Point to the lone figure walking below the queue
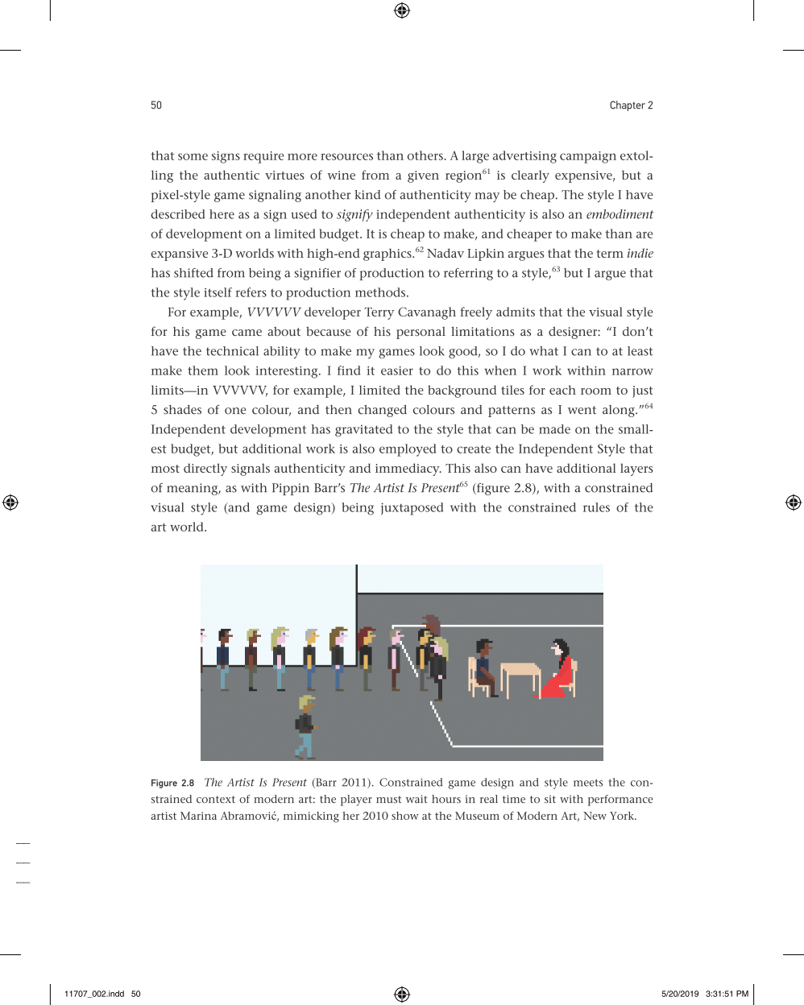tap(305, 727)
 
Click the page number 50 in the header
tap(156, 105)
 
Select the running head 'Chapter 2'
tap(631, 105)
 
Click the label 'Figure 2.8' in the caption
tap(172, 783)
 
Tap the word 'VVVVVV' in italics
tap(273, 312)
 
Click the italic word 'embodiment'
tap(619, 214)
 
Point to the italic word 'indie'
tap(640, 254)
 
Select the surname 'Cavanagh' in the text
tap(426, 312)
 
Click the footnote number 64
tap(649, 406)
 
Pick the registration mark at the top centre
tap(402, 10)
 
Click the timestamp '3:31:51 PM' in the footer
tap(727, 994)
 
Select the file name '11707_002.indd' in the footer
tap(94, 994)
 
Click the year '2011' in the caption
tap(355, 783)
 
